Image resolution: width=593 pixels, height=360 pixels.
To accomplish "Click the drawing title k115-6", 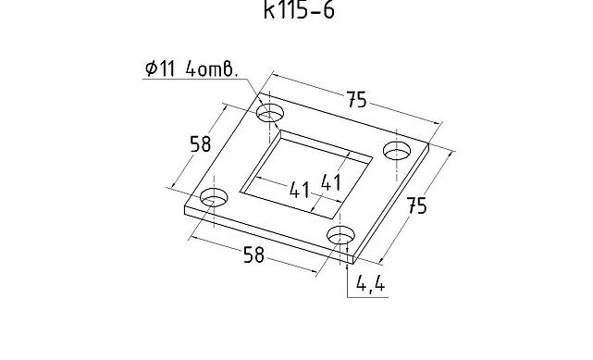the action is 299,10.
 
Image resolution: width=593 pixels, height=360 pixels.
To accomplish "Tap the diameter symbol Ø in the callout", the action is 152,68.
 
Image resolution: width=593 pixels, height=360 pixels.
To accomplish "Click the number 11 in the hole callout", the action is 168,68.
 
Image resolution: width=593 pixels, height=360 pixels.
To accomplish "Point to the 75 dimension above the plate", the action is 356,100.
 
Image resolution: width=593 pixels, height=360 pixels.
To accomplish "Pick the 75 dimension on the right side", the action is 416,206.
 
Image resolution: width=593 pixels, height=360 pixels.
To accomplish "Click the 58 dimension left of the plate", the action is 200,143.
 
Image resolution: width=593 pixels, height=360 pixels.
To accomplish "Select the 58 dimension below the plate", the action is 253,254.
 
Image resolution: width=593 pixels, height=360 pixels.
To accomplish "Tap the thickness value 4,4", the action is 371,283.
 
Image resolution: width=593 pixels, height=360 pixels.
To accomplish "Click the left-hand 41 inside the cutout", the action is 300,190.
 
